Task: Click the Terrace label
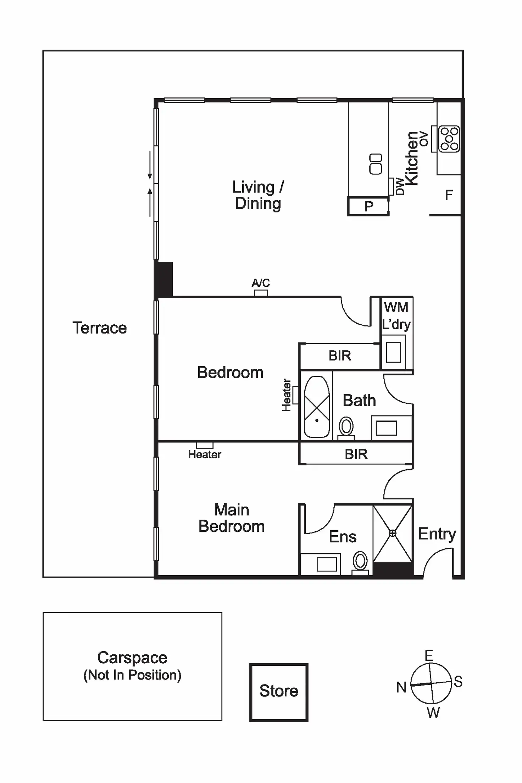[100, 328]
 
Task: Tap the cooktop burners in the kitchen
[449, 139]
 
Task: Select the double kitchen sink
[376, 164]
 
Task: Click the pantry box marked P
[368, 206]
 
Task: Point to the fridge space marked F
[449, 195]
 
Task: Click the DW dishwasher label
[400, 186]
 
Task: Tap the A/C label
[261, 283]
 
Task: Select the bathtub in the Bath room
[317, 407]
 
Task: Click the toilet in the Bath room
[346, 426]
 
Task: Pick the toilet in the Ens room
[360, 561]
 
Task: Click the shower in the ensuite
[393, 533]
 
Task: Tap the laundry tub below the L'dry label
[393, 352]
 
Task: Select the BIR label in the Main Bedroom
[356, 454]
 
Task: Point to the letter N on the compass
[401, 687]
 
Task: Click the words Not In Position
[132, 675]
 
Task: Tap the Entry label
[437, 534]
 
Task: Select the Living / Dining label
[258, 195]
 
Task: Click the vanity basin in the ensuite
[326, 564]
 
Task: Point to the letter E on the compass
[429, 655]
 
